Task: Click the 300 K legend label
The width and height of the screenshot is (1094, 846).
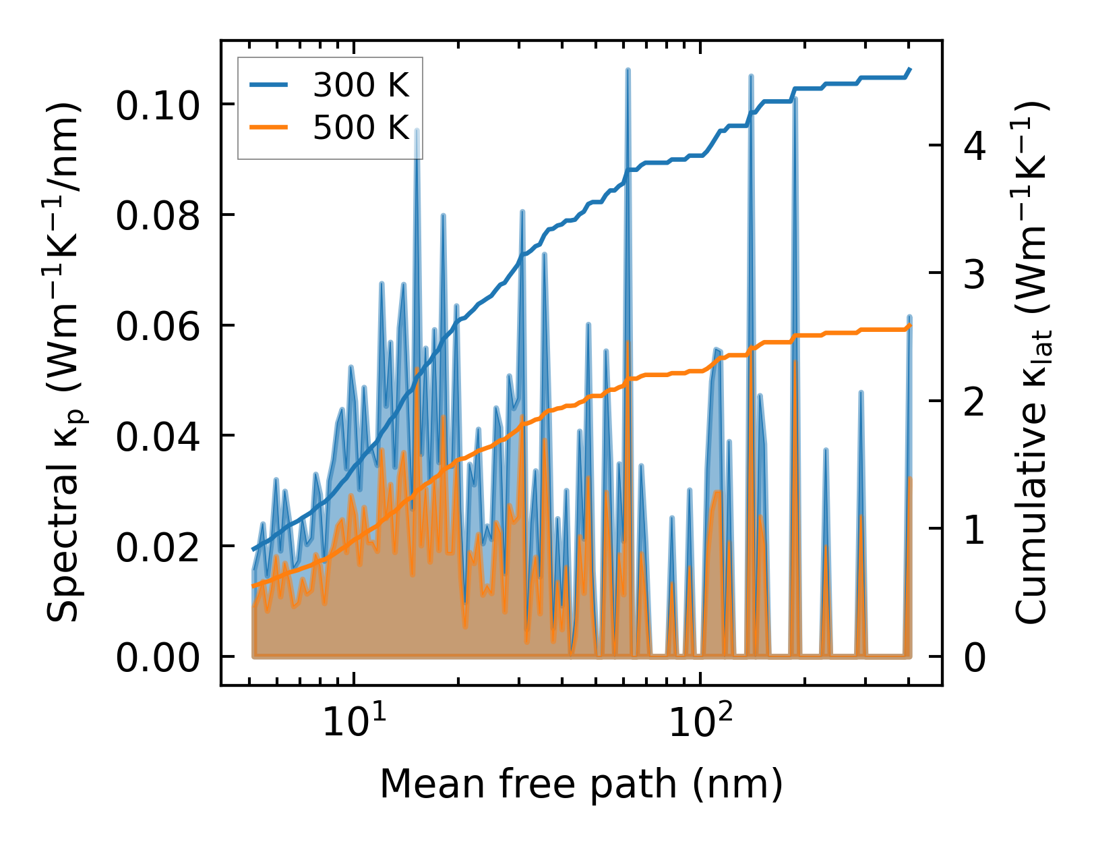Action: [x=361, y=86]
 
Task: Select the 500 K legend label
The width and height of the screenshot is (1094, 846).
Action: [x=361, y=127]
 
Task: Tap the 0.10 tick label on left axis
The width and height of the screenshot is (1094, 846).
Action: [x=158, y=105]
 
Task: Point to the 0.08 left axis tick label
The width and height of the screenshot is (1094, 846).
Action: [x=158, y=216]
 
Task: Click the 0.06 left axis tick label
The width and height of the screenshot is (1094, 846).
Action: [x=158, y=327]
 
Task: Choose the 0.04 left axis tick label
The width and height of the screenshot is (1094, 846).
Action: [x=158, y=436]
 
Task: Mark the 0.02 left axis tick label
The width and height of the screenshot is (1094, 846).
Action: [x=158, y=547]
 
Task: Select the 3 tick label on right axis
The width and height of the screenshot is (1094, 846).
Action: [x=975, y=274]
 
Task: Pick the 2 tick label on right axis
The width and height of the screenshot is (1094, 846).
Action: [x=975, y=402]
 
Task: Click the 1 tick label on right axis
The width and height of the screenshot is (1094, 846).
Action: [x=975, y=530]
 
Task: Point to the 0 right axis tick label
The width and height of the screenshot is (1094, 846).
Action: [x=975, y=658]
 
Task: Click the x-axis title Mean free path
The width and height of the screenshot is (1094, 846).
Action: [x=581, y=785]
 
